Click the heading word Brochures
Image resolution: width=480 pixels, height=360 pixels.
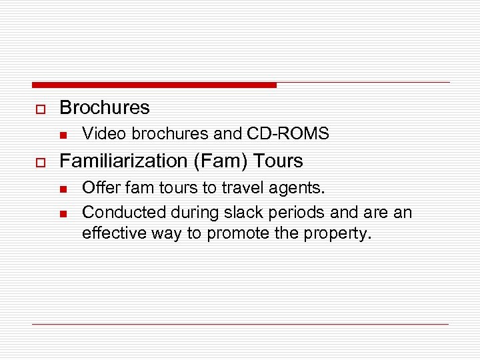pyautogui.click(x=105, y=107)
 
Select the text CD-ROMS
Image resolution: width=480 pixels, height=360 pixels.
pyautogui.click(x=287, y=134)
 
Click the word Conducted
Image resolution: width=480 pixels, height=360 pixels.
pyautogui.click(x=123, y=212)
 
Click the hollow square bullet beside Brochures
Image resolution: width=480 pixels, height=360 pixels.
pyautogui.click(x=39, y=109)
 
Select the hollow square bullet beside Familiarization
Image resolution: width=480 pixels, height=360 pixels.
pyautogui.click(x=39, y=162)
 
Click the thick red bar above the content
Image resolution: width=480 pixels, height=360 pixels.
pyautogui.click(x=153, y=85)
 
